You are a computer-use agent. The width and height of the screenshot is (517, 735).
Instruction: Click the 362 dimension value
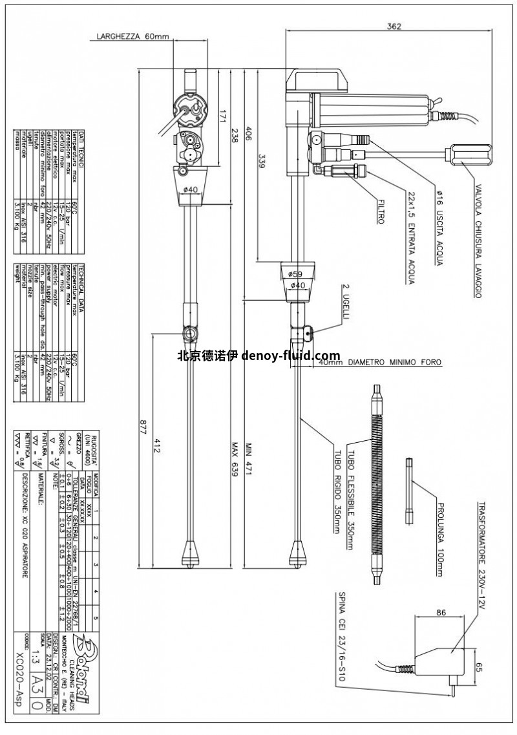pos(394,27)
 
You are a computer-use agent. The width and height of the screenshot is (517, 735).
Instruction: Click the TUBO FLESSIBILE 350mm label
pos(352,485)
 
